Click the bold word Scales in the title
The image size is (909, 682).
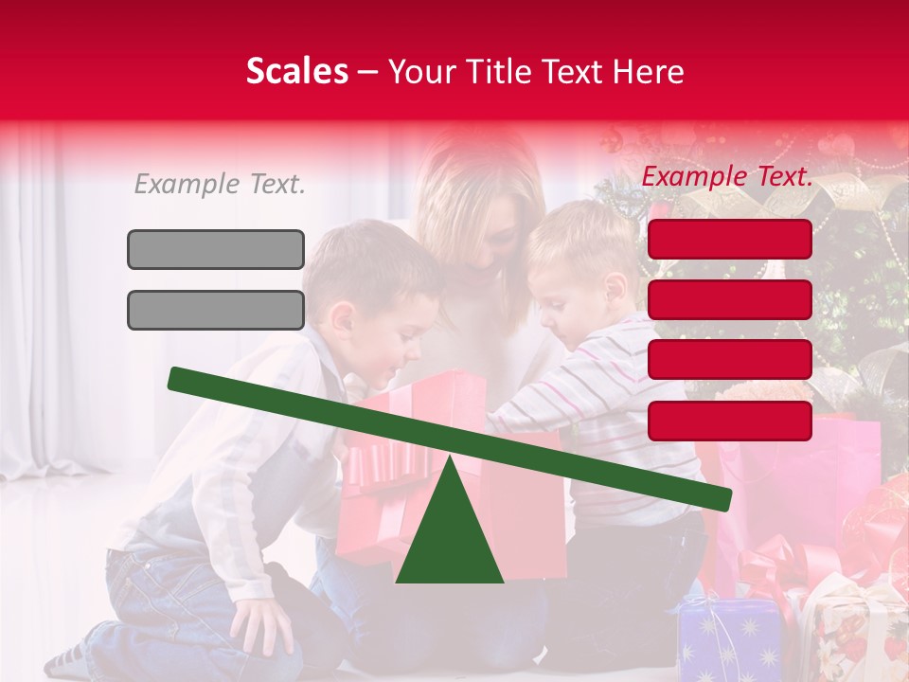(x=296, y=72)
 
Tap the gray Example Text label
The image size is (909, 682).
(x=220, y=185)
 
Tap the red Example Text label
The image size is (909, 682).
(x=727, y=176)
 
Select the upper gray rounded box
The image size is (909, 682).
(x=216, y=249)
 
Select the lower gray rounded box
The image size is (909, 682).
(x=216, y=310)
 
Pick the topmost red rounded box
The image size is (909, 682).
(x=730, y=239)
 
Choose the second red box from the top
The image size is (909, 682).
(x=730, y=299)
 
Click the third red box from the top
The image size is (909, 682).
(x=730, y=360)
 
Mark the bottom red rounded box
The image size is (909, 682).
(x=730, y=421)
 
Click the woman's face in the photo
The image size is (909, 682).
(x=492, y=227)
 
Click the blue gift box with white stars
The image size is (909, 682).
(x=729, y=639)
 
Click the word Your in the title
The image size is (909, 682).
(x=422, y=72)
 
